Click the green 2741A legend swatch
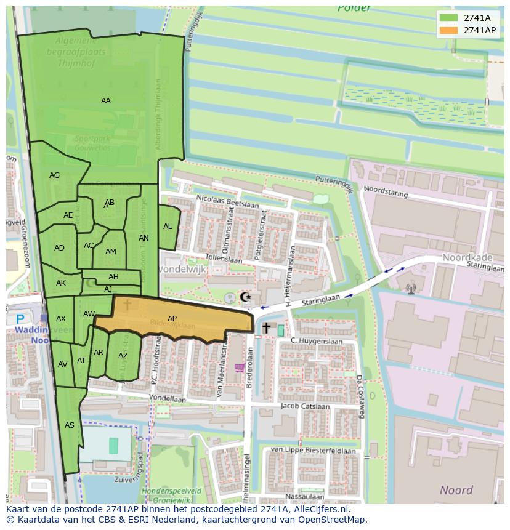tap(449, 18)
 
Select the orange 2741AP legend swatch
tap(449, 30)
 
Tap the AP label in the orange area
tap(172, 318)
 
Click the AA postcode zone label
tap(106, 101)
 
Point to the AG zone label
tap(55, 175)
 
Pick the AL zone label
tap(168, 227)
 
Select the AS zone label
tap(70, 425)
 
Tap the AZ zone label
tap(123, 356)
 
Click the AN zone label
tap(144, 238)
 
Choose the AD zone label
tap(59, 248)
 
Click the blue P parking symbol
tap(20, 319)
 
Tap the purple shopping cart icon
tap(240, 368)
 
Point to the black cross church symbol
tap(266, 327)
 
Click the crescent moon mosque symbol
tap(246, 297)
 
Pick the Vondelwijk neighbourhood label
tap(182, 270)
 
